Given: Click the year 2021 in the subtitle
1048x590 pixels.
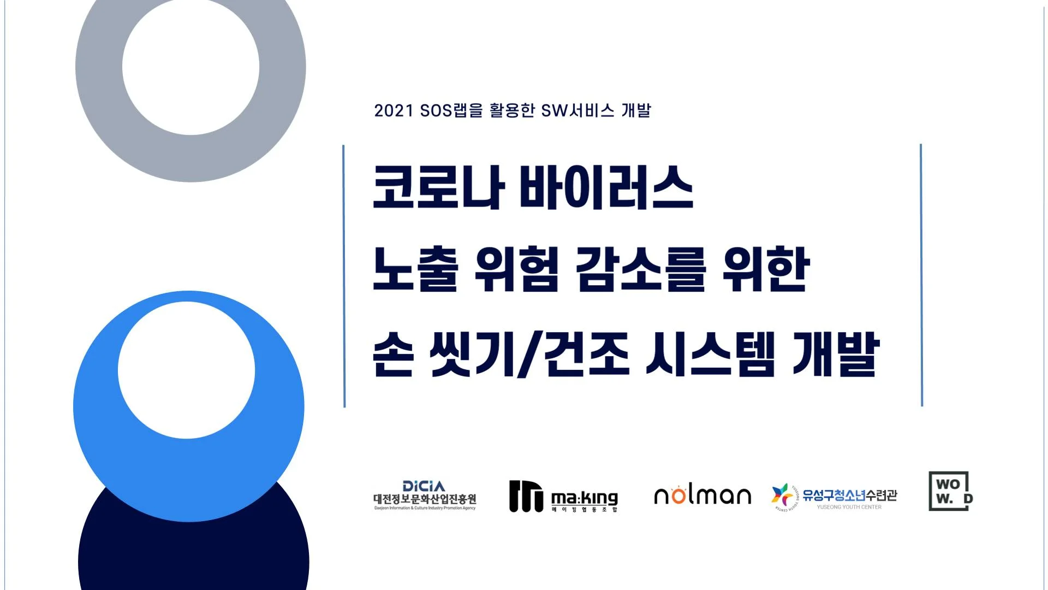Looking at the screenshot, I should [x=394, y=111].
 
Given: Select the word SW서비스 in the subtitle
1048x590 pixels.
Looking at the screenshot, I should [x=577, y=111].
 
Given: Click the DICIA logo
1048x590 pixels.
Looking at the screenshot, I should [x=425, y=495].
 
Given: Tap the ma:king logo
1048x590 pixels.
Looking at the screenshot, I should [x=563, y=497].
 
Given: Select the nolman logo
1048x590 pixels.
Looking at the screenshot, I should [x=702, y=495].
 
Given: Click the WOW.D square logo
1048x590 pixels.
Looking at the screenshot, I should [x=950, y=491].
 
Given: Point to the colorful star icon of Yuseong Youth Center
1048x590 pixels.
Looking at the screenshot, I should [x=782, y=495].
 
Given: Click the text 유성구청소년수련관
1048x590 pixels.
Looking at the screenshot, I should [x=849, y=495].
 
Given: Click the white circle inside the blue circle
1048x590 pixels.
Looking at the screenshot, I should [x=186, y=370].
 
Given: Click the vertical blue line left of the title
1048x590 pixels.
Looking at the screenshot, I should [x=344, y=276].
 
